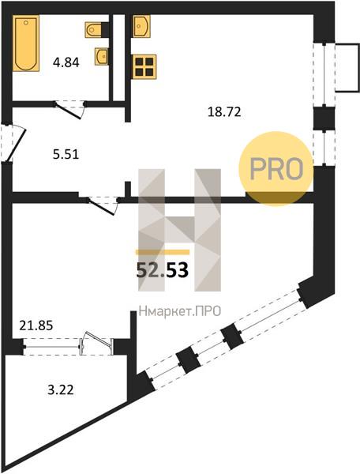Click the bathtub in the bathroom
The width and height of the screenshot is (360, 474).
point(26,43)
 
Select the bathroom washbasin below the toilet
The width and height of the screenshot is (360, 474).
point(102,56)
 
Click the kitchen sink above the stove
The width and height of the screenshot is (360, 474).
point(141,26)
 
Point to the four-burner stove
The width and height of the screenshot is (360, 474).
point(144,66)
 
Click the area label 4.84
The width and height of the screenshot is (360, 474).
point(66,62)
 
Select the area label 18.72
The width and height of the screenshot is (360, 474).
point(224,112)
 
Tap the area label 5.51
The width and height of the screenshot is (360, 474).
point(66,155)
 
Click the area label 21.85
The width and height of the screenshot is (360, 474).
point(36,325)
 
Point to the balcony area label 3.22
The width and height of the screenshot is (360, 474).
point(61,389)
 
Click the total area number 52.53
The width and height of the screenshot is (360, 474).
point(163,270)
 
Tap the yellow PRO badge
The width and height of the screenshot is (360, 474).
point(276,169)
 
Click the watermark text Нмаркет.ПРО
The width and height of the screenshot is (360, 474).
point(180,311)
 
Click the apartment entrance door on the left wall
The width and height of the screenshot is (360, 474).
point(13,142)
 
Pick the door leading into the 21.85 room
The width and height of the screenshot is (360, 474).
point(103,205)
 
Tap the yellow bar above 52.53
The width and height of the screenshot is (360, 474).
point(163,252)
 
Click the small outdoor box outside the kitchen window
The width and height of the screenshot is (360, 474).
point(347,67)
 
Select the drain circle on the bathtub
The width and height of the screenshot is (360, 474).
point(26,22)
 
